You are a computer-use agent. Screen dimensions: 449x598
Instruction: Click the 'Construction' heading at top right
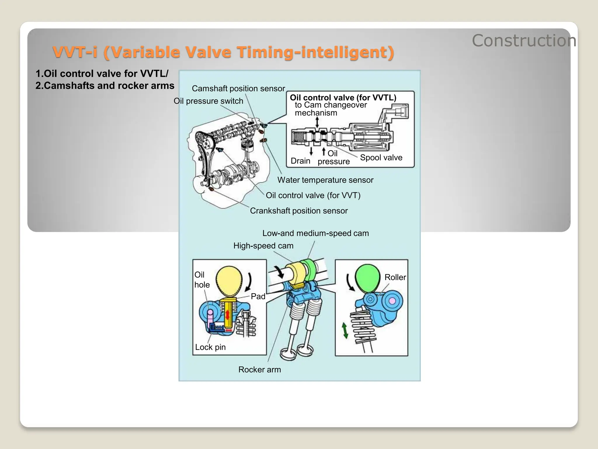tap(524, 41)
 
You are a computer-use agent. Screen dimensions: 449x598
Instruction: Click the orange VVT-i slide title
tap(223, 52)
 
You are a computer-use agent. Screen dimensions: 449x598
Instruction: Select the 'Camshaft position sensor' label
tap(238, 88)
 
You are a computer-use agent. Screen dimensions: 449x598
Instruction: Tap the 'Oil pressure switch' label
tap(208, 101)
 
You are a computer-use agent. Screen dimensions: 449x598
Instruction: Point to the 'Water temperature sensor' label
tap(325, 180)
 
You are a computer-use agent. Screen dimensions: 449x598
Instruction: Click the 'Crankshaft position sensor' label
tap(299, 210)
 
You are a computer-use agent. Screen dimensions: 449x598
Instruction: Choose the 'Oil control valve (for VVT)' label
tap(313, 195)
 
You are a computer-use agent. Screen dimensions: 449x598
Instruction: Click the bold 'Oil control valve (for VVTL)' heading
tap(343, 97)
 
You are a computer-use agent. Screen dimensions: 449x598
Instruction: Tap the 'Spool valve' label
tap(381, 158)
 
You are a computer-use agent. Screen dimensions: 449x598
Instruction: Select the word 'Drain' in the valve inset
tap(300, 161)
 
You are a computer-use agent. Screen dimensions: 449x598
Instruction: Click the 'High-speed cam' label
tap(263, 246)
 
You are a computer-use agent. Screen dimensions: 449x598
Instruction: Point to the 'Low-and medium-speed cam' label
tap(315, 233)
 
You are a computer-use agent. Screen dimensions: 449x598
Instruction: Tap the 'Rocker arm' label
tap(260, 369)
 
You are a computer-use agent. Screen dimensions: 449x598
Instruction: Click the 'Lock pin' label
tap(210, 347)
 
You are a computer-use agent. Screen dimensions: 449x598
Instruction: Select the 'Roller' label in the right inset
tap(395, 277)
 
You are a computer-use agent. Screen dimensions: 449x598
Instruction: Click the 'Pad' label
tap(258, 296)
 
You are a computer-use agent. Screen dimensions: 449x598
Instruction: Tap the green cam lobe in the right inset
tap(368, 278)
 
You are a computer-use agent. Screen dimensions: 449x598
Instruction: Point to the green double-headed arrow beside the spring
tap(345, 331)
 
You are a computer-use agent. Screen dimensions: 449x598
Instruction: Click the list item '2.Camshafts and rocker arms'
tap(105, 86)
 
